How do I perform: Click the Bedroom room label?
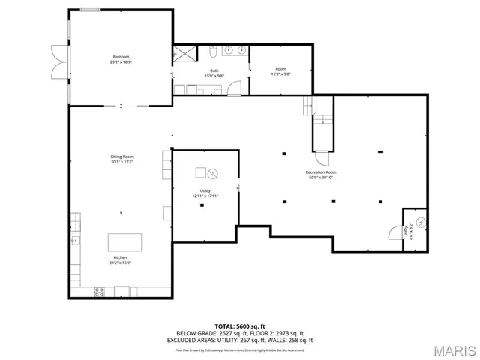(121, 56)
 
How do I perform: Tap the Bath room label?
(214, 71)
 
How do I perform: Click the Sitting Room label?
(121, 157)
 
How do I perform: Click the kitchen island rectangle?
(124, 242)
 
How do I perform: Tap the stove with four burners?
(99, 292)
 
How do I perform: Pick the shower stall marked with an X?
(183, 55)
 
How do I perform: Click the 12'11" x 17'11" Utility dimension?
(204, 196)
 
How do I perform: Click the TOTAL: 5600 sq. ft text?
(239, 325)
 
